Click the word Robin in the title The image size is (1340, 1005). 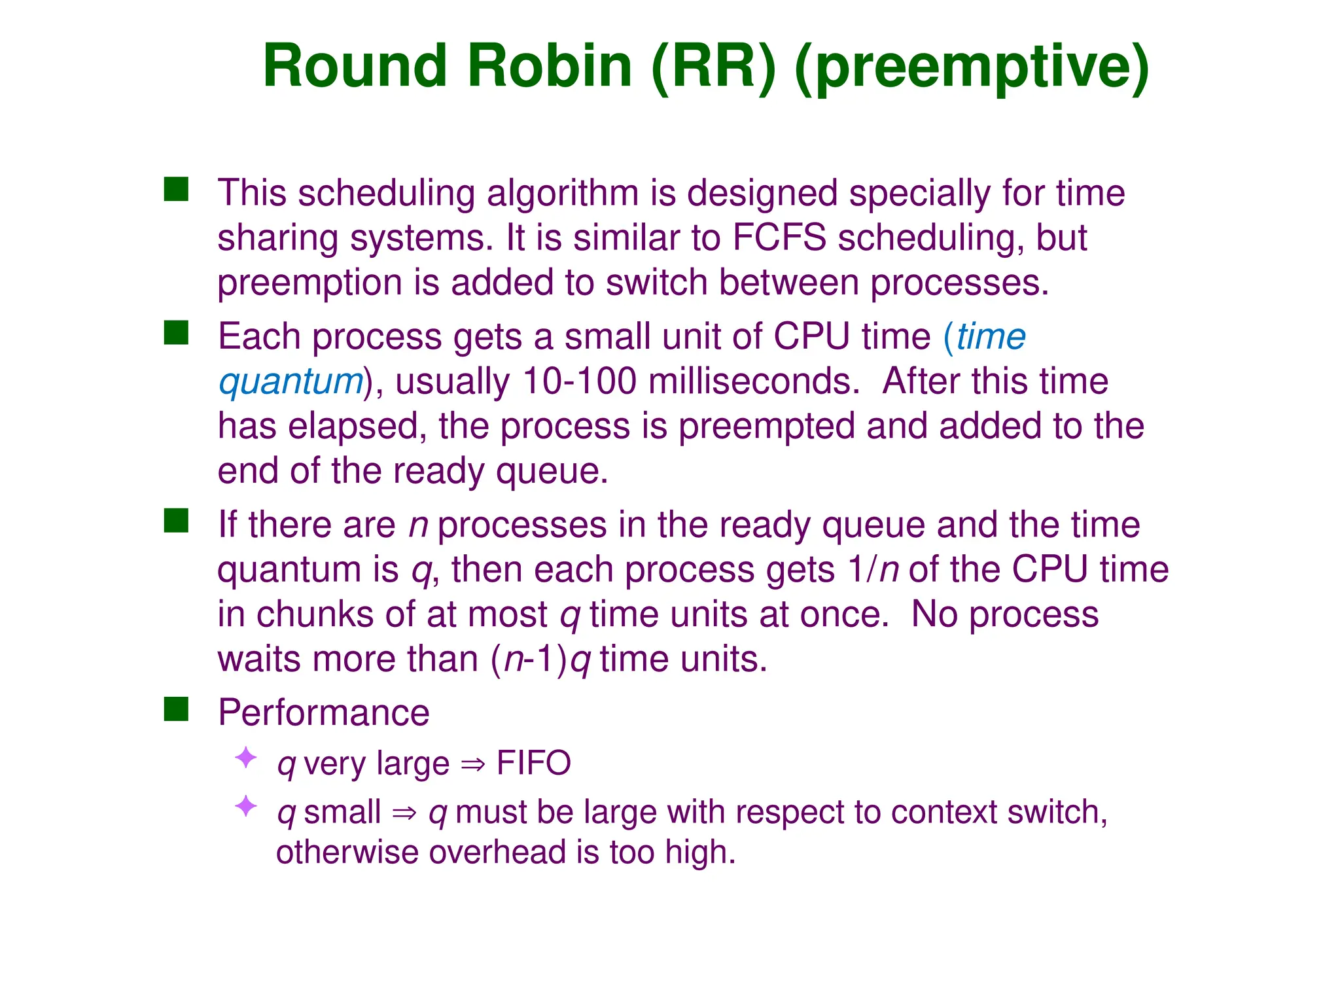click(x=549, y=66)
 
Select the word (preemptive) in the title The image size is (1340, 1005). click(x=972, y=67)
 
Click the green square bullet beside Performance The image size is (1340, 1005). click(x=176, y=709)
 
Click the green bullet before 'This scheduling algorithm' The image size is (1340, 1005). click(x=176, y=190)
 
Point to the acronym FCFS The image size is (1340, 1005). click(x=779, y=237)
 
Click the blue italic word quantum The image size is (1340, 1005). click(x=291, y=381)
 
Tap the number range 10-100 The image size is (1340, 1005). click(x=580, y=381)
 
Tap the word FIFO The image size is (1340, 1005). click(x=533, y=763)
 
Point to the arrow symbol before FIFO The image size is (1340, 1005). click(x=473, y=764)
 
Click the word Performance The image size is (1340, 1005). click(x=323, y=713)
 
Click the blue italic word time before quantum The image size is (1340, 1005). click(x=991, y=337)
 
